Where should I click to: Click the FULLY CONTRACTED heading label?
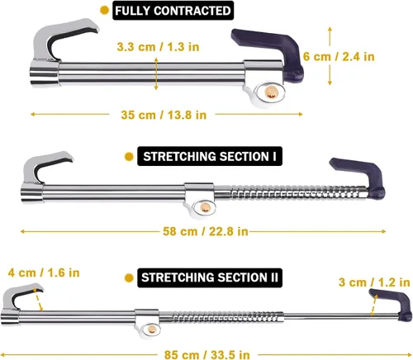pyautogui.click(x=173, y=11)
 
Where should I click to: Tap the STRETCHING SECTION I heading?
pyautogui.click(x=210, y=156)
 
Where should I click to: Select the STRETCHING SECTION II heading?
pyautogui.click(x=210, y=277)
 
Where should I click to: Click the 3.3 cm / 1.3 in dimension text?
pyautogui.click(x=158, y=47)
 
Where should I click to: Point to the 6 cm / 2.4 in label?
pyautogui.click(x=339, y=57)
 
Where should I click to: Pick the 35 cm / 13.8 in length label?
pyautogui.click(x=164, y=115)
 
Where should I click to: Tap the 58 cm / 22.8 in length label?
pyautogui.click(x=206, y=231)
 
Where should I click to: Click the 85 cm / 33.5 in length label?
pyautogui.click(x=207, y=354)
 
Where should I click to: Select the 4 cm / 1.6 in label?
pyautogui.click(x=44, y=272)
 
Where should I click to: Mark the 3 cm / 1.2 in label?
pyautogui.click(x=374, y=282)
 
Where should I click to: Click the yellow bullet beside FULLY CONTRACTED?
pyautogui.click(x=104, y=11)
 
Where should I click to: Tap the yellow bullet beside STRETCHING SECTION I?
pyautogui.click(x=129, y=157)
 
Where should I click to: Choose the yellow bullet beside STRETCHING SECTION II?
pyautogui.click(x=129, y=277)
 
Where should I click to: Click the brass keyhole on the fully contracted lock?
pyautogui.click(x=271, y=92)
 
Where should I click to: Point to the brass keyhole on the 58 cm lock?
pyautogui.click(x=205, y=207)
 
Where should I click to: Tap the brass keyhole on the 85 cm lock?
pyautogui.click(x=151, y=329)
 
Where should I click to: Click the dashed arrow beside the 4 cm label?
pyautogui.click(x=38, y=300)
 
